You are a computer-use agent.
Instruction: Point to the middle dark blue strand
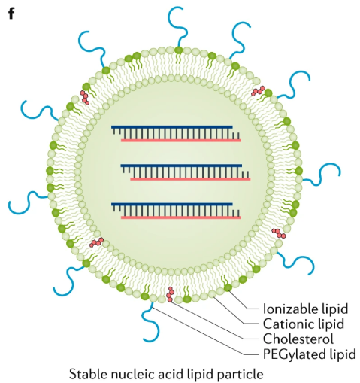tap(181, 165)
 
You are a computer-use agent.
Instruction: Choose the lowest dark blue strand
tap(172, 203)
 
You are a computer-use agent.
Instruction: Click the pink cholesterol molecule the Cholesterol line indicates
tap(171, 294)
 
